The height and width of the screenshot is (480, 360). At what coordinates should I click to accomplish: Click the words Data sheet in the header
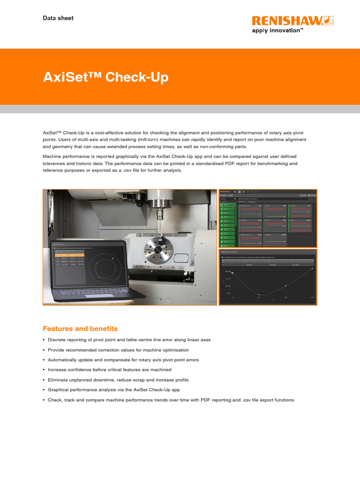pyautogui.click(x=58, y=18)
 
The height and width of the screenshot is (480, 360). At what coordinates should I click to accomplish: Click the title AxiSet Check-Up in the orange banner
pyautogui.click(x=105, y=77)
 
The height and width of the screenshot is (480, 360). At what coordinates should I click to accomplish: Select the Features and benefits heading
pyautogui.click(x=80, y=329)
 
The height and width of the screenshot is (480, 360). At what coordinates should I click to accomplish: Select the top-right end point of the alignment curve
pyautogui.click(x=312, y=269)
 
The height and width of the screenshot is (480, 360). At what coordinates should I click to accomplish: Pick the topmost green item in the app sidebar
pyautogui.click(x=227, y=205)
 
